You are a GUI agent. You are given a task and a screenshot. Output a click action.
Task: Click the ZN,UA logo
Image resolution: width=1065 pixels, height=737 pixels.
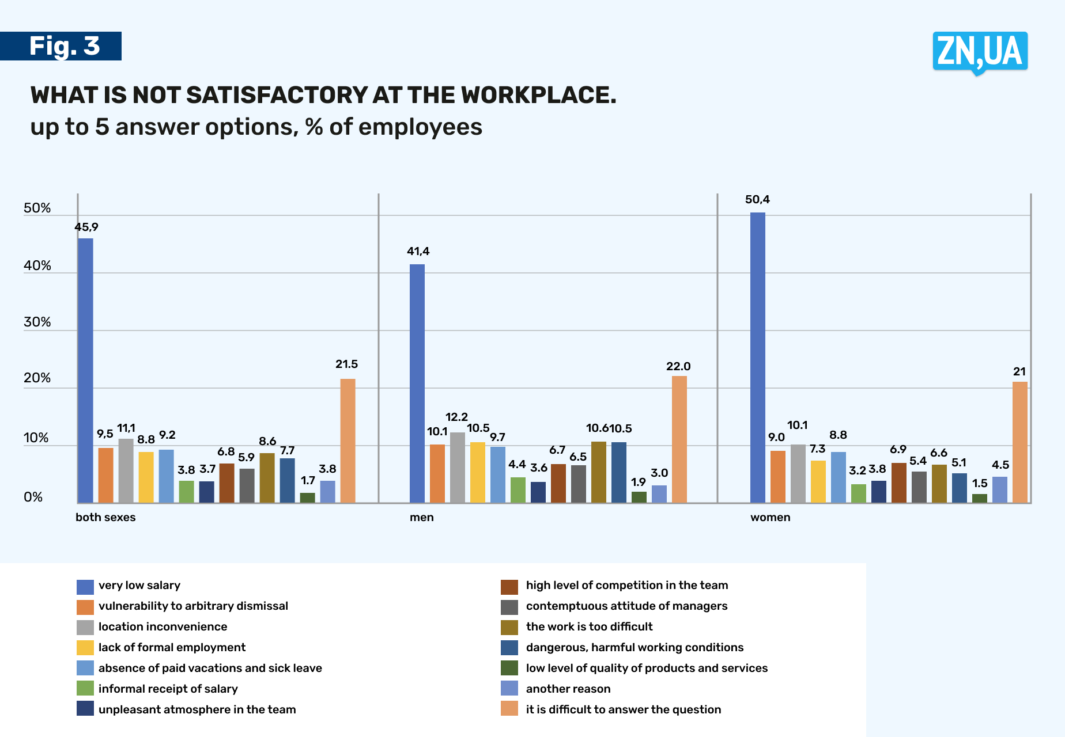(980, 52)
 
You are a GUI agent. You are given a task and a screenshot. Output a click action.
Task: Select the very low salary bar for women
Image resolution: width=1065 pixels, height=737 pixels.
(758, 357)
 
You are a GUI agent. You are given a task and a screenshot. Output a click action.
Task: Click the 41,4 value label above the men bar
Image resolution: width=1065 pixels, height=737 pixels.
(418, 252)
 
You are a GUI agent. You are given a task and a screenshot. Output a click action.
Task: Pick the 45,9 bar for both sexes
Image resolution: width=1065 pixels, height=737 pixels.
(85, 368)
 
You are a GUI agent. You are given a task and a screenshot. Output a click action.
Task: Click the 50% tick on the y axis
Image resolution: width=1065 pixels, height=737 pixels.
(37, 208)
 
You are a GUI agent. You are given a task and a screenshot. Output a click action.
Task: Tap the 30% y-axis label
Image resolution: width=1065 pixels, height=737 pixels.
(37, 322)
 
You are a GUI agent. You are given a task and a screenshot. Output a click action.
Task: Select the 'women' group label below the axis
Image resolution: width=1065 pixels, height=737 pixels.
(770, 517)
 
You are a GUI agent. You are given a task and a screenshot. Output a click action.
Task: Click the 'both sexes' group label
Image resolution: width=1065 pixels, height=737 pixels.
(105, 517)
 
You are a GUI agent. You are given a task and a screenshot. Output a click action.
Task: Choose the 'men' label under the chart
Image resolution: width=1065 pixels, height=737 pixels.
(421, 517)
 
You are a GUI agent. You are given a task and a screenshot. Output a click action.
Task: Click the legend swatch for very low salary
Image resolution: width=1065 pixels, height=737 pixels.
(85, 587)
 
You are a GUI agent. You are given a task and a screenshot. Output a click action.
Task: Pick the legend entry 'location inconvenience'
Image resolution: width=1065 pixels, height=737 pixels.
(163, 626)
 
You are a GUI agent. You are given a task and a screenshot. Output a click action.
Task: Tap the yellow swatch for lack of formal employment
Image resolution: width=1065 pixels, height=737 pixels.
(85, 648)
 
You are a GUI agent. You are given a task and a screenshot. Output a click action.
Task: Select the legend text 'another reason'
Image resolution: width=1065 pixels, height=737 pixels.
(568, 689)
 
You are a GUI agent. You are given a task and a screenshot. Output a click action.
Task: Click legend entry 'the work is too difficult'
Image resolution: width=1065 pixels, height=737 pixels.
(589, 626)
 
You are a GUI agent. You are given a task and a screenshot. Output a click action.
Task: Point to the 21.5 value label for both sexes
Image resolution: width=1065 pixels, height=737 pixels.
(346, 364)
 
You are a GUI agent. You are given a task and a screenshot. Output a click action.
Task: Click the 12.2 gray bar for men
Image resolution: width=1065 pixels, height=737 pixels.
(458, 467)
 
